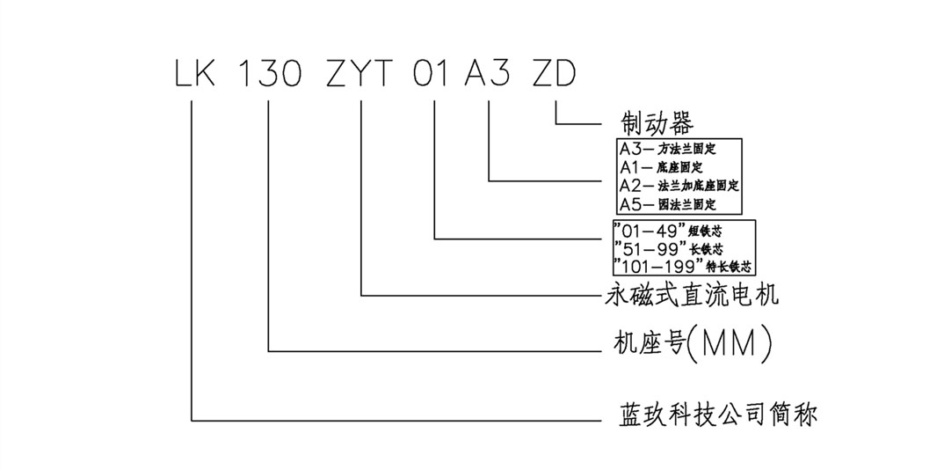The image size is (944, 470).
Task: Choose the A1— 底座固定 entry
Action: [668, 166]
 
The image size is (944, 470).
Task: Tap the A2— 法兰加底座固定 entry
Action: [679, 186]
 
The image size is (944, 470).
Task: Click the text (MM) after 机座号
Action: [728, 343]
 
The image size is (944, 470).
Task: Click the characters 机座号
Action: [646, 343]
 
